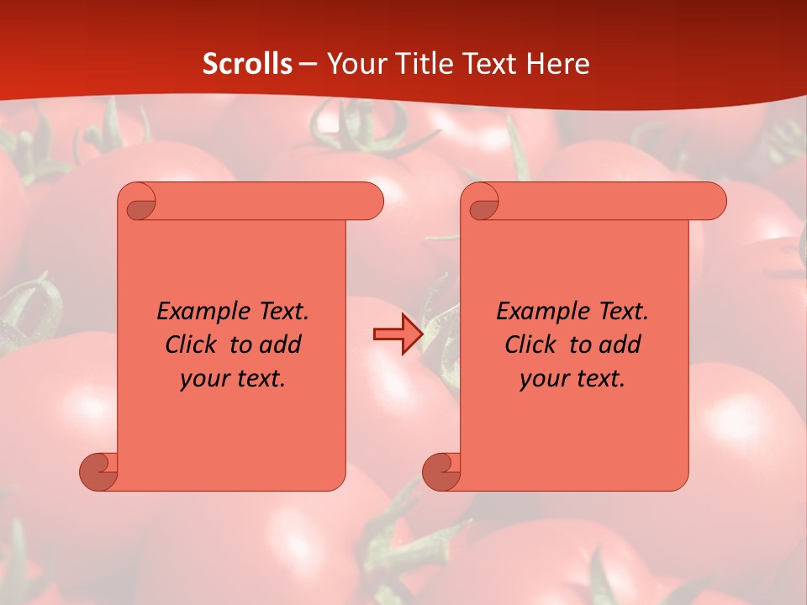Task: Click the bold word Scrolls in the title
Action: [x=247, y=64]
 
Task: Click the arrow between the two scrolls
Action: [x=398, y=335]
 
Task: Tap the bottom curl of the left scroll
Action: [x=99, y=471]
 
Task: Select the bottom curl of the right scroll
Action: [x=441, y=471]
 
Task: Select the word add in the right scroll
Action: [x=621, y=345]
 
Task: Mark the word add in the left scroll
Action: [x=282, y=345]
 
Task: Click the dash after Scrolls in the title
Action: [x=308, y=64]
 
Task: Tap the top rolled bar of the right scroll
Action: [x=605, y=201]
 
